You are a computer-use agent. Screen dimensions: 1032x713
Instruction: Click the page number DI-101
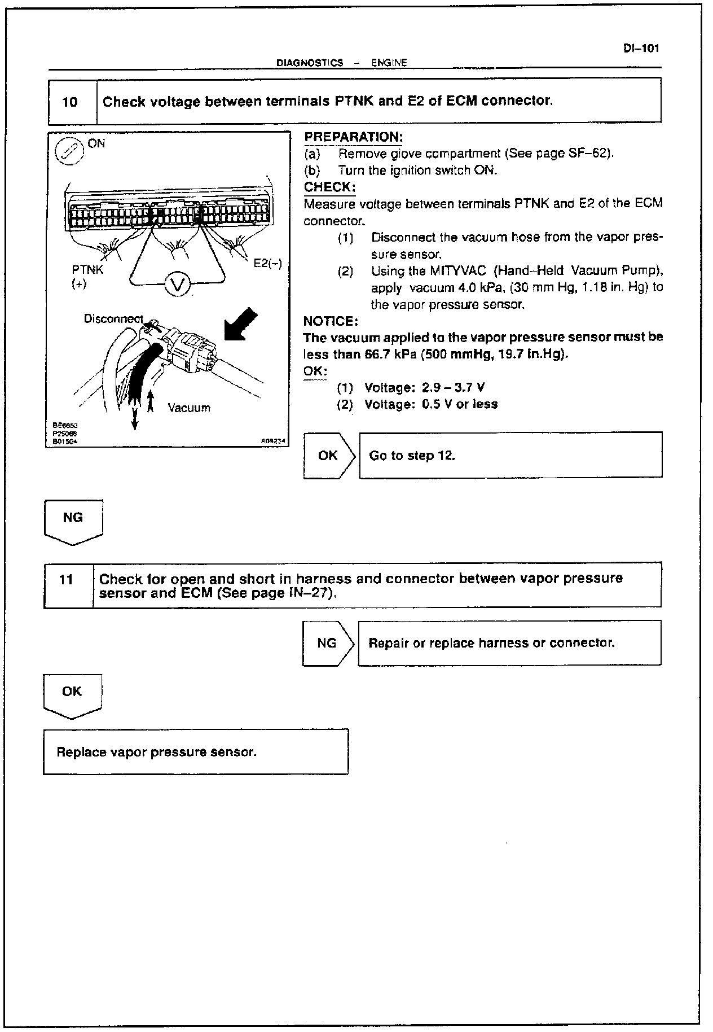click(x=641, y=49)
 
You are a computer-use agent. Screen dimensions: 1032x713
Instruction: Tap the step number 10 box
click(x=70, y=102)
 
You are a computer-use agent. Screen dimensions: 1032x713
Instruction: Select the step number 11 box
click(x=67, y=580)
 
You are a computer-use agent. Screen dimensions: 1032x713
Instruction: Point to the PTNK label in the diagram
click(x=87, y=270)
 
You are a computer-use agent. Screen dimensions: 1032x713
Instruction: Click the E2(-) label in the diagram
click(x=267, y=263)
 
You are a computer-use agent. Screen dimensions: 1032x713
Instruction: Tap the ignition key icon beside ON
click(x=69, y=152)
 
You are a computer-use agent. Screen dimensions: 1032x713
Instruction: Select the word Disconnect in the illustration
click(x=113, y=318)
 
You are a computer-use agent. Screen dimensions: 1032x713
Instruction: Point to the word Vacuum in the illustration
click(x=189, y=408)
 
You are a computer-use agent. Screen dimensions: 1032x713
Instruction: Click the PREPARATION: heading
click(x=353, y=137)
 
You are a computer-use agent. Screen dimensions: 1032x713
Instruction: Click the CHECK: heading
click(x=329, y=187)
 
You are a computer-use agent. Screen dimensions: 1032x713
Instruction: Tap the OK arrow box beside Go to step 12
click(x=329, y=456)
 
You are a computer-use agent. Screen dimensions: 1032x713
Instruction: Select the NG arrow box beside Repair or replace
click(x=328, y=643)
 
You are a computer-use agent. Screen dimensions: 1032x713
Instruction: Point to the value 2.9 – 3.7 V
click(x=453, y=388)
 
